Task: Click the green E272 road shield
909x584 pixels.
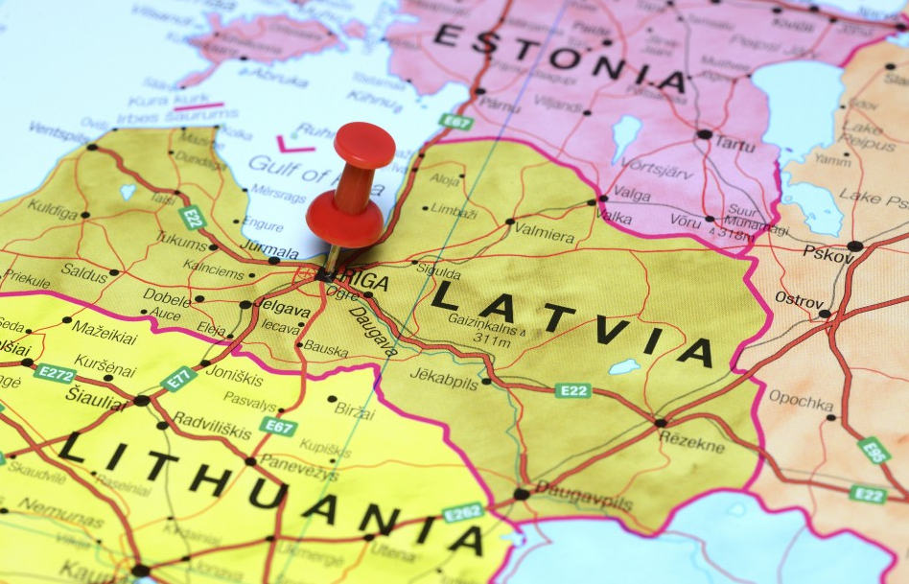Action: [x=55, y=372]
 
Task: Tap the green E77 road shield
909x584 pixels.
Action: [x=179, y=378]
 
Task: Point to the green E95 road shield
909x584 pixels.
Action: [x=873, y=450]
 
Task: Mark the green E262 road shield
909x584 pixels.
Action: [x=463, y=512]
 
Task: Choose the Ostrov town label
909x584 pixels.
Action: [x=800, y=298]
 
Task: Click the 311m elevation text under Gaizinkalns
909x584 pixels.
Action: [x=491, y=338]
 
